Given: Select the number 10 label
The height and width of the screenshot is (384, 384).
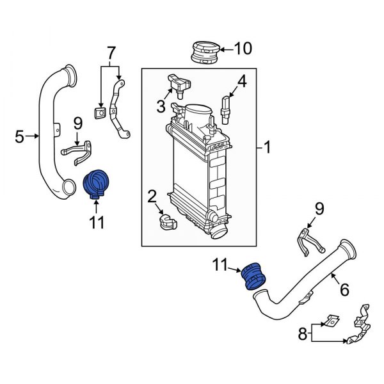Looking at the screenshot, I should tap(243, 48).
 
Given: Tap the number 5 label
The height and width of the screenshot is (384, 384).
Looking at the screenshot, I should tap(20, 136).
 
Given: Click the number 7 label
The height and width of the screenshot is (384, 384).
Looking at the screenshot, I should tap(111, 51).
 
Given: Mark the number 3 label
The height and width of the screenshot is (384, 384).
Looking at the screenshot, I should tap(160, 104).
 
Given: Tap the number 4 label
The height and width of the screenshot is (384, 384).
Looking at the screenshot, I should tap(241, 81).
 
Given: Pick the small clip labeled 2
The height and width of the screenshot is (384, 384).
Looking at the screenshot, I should tap(166, 221).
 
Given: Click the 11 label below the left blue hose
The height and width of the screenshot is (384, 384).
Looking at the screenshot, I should tap(95, 223).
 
